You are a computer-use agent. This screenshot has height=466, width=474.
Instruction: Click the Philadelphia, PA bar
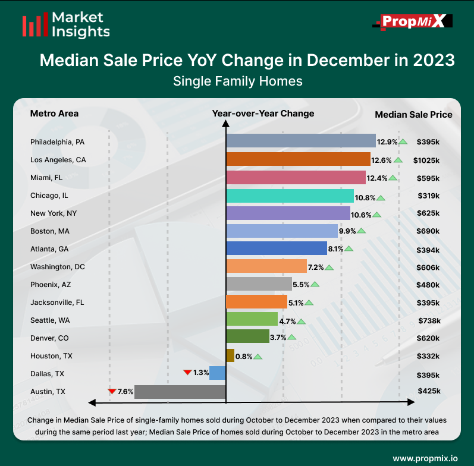point(300,141)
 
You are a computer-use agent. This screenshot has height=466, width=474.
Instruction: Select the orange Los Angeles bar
point(298,159)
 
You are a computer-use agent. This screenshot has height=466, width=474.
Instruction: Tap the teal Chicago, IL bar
point(290,196)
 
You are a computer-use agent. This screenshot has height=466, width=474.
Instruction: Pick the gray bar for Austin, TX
point(180,392)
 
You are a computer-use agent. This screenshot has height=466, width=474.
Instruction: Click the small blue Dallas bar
point(218,373)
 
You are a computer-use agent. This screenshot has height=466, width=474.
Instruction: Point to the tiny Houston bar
point(230,355)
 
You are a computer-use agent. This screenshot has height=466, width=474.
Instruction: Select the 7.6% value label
point(125,392)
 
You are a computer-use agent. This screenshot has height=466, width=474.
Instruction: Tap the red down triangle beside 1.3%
point(187,373)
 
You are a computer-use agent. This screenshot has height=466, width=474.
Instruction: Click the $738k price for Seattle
point(428,320)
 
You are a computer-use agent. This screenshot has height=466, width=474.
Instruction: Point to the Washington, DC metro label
point(57,267)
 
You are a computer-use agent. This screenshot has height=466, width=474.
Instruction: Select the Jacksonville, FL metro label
point(57,303)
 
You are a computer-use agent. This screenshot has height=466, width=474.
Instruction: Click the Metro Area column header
point(54,114)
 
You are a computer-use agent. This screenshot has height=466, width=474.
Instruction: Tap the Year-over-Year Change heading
point(263,114)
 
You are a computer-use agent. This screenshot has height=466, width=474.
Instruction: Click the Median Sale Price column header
point(413,115)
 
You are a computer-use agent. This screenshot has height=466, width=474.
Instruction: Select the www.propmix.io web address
point(425,458)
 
